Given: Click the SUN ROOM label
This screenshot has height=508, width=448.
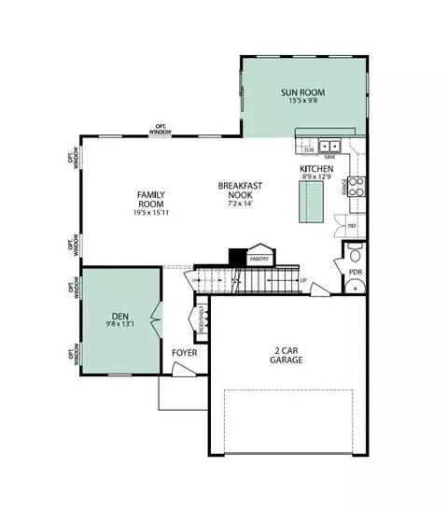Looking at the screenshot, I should [x=302, y=92].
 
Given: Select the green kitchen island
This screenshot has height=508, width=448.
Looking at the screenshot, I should [x=309, y=201].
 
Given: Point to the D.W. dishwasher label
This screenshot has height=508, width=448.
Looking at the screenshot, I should [x=308, y=149].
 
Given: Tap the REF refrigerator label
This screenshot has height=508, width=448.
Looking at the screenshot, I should [x=352, y=226].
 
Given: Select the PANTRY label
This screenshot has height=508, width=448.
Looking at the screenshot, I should [x=259, y=259].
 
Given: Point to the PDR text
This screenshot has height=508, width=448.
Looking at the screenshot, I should [x=356, y=273].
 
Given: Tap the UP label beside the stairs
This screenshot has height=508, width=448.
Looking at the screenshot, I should [x=303, y=280].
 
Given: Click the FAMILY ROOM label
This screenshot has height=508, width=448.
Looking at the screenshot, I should [x=150, y=198].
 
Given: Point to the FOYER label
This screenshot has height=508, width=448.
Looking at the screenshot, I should [x=184, y=353].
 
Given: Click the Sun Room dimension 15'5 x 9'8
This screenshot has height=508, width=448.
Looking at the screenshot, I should [x=302, y=103].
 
